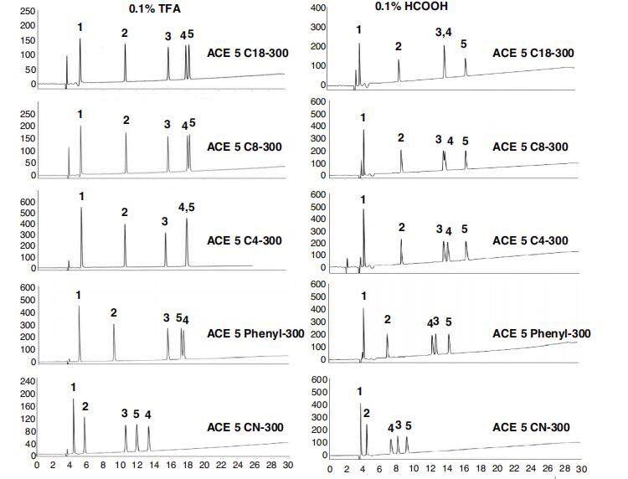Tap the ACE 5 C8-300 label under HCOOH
coord(533,147)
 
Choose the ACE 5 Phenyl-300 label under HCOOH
coord(542,333)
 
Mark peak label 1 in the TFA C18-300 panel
coord(80,27)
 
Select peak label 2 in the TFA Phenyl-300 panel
coord(114,312)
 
